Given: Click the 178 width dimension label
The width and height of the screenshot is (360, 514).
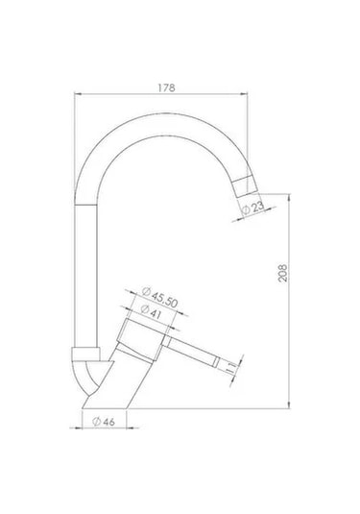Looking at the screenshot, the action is [167, 87].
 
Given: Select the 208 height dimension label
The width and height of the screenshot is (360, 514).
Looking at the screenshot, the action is [282, 273].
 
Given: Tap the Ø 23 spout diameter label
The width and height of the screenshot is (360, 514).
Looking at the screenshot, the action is [252, 208].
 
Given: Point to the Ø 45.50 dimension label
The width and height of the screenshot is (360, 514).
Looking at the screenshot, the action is [160, 297].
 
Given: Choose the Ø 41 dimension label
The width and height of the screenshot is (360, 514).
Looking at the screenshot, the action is [151, 311].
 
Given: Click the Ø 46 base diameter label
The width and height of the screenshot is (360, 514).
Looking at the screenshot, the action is [104, 422].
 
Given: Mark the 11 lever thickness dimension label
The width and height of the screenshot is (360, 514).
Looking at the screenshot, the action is [231, 367].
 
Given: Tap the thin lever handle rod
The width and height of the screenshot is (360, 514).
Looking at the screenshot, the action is [191, 351].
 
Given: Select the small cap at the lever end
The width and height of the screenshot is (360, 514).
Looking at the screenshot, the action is [217, 361].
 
